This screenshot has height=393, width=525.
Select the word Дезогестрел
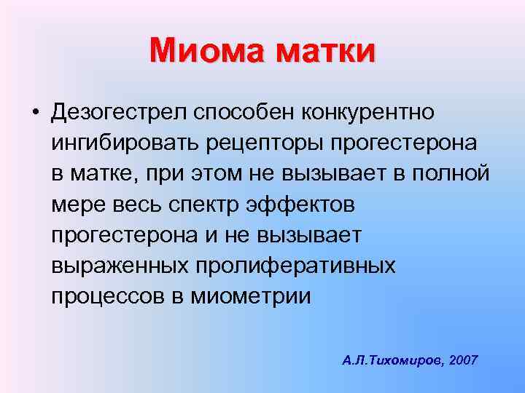[119, 113]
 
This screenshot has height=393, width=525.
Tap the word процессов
[108, 296]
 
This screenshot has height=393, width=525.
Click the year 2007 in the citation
[464, 360]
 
